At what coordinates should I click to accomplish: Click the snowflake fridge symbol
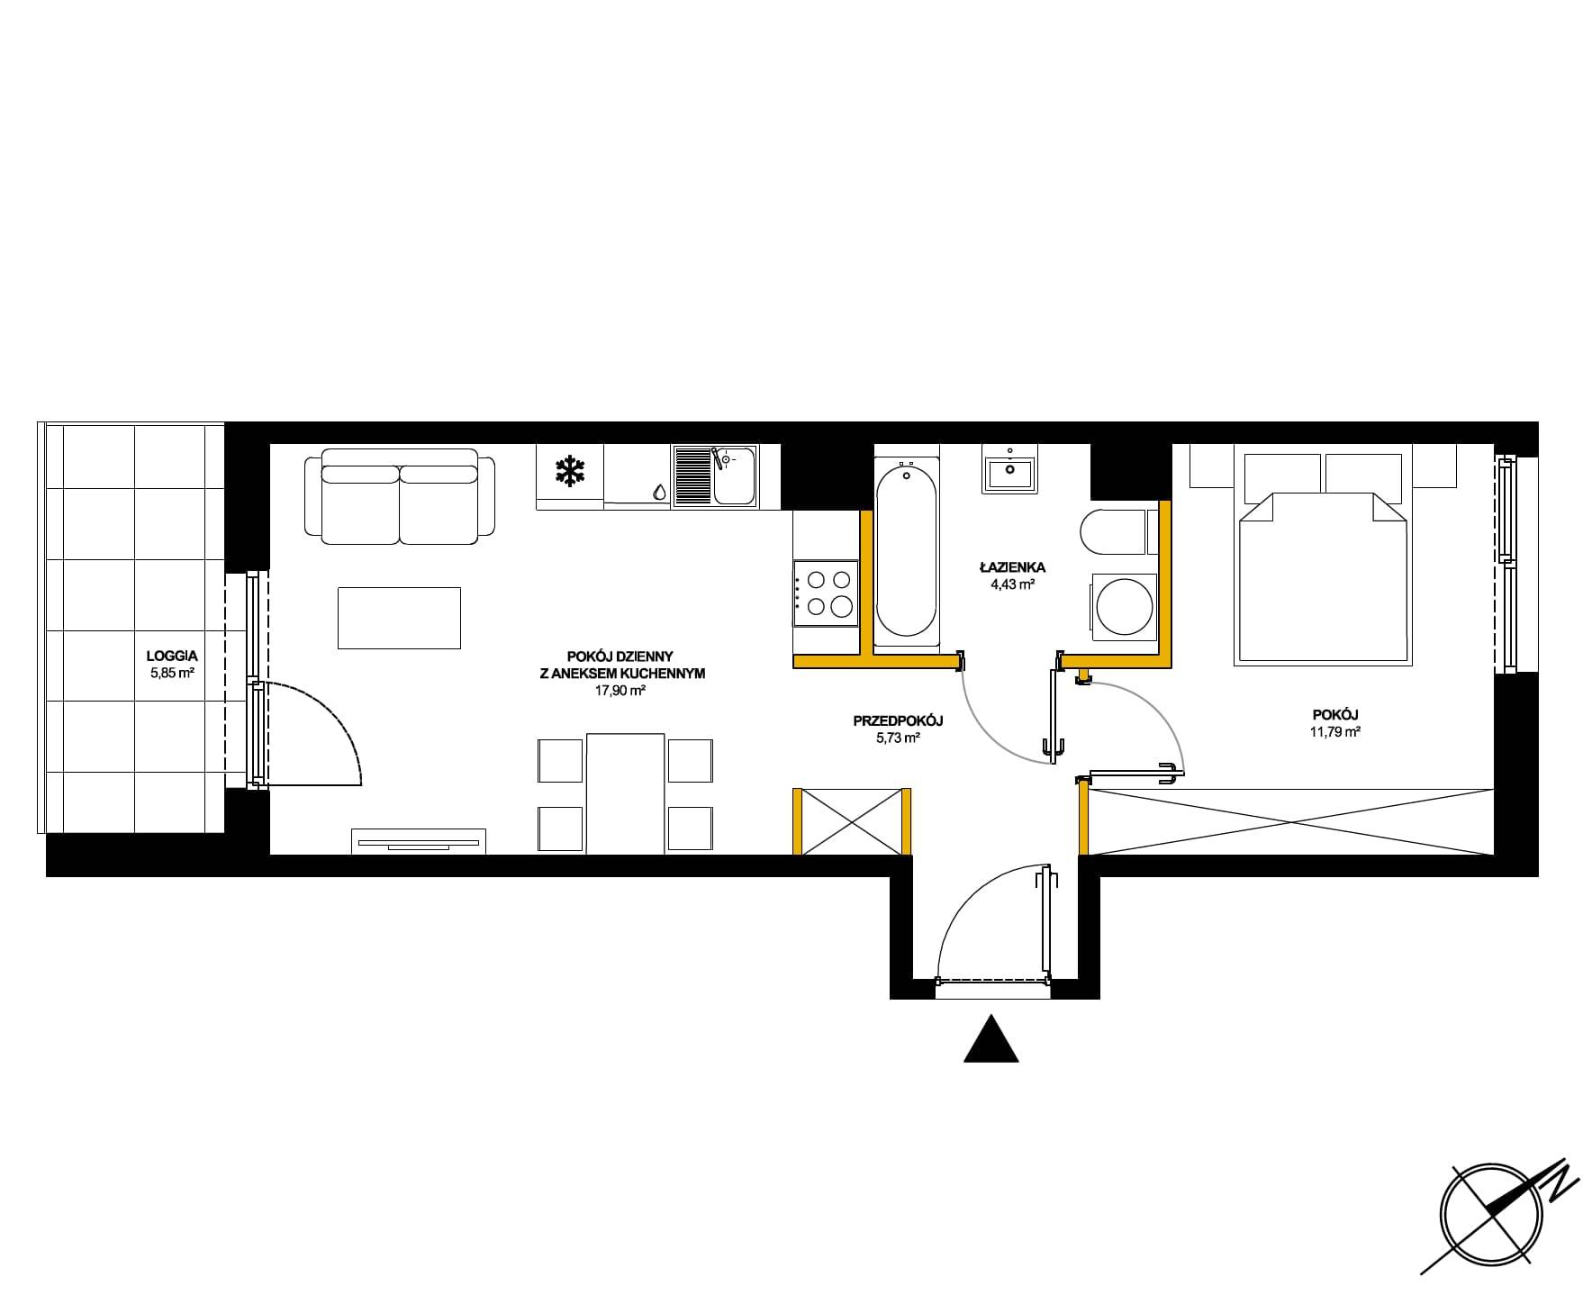click(569, 471)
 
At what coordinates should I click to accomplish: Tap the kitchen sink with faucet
click(715, 476)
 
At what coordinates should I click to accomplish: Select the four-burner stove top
click(825, 593)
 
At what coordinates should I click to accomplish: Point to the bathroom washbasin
click(1010, 469)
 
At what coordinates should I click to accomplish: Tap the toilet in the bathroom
click(1113, 533)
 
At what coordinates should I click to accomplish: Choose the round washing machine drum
click(1122, 607)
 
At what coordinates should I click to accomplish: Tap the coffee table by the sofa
click(399, 618)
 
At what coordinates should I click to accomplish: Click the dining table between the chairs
click(625, 792)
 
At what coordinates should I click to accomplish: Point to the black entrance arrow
click(991, 1038)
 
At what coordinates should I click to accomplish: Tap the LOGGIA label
click(172, 657)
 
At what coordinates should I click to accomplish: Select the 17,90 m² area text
click(621, 692)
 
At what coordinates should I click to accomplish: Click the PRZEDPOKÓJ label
click(898, 720)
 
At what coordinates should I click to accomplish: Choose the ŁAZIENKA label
click(1013, 567)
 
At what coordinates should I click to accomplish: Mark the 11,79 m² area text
click(1335, 732)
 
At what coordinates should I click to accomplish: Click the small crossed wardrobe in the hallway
click(852, 820)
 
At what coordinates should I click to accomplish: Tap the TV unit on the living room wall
click(418, 841)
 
